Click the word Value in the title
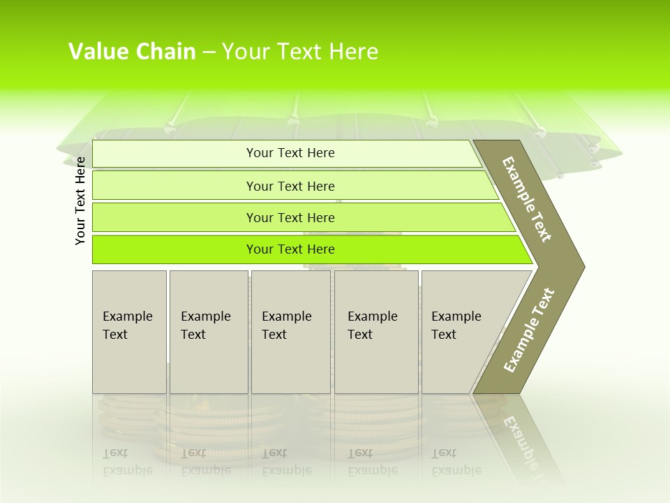[x=97, y=52]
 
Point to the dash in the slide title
[x=209, y=52]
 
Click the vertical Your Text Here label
[x=80, y=201]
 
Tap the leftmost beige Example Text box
[x=129, y=332]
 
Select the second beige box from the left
[x=208, y=332]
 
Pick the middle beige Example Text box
[x=290, y=332]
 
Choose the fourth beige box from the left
[x=376, y=332]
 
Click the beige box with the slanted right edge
[x=461, y=332]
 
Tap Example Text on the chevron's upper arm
[x=527, y=199]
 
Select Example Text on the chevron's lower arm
[x=528, y=330]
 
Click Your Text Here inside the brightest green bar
[x=290, y=249]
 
